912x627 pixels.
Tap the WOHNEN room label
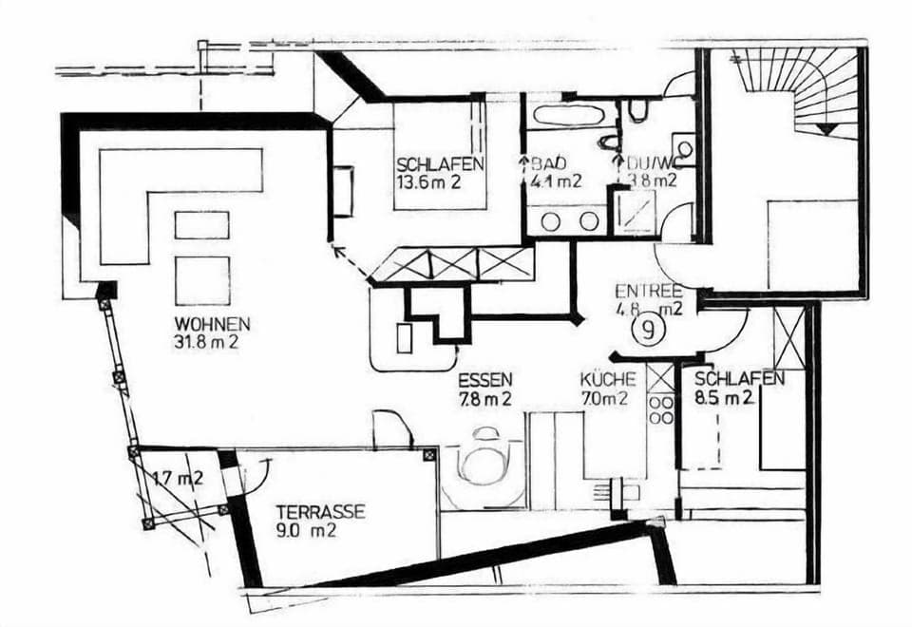(213, 323)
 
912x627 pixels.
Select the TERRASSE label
(320, 512)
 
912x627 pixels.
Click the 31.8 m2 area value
(206, 342)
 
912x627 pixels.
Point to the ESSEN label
(485, 380)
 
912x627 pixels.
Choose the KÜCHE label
(607, 379)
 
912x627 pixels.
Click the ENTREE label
(649, 291)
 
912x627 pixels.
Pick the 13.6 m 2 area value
(428, 182)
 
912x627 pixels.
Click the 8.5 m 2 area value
(724, 398)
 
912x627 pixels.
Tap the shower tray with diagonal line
(636, 212)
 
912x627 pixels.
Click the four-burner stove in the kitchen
(661, 409)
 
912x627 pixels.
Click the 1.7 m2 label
(179, 479)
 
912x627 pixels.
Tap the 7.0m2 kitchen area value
(604, 398)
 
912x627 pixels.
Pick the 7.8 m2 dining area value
(485, 400)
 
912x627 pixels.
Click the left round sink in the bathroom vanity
(551, 221)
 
